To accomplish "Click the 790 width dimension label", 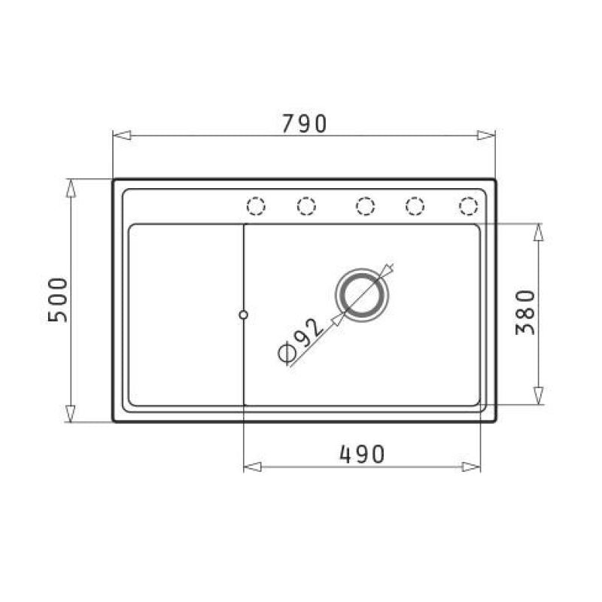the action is pyautogui.click(x=304, y=123).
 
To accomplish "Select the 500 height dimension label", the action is pyautogui.click(x=58, y=299).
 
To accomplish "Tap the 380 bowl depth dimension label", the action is pyautogui.click(x=524, y=312).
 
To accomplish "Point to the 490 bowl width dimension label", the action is pyautogui.click(x=362, y=455).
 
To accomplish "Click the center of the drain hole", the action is pyautogui.click(x=362, y=295).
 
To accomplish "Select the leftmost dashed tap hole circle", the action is pyautogui.click(x=256, y=205).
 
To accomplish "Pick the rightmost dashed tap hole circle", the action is pyautogui.click(x=468, y=205).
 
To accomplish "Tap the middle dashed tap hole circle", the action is pyautogui.click(x=365, y=205).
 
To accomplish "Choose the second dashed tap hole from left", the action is pyautogui.click(x=306, y=205).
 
